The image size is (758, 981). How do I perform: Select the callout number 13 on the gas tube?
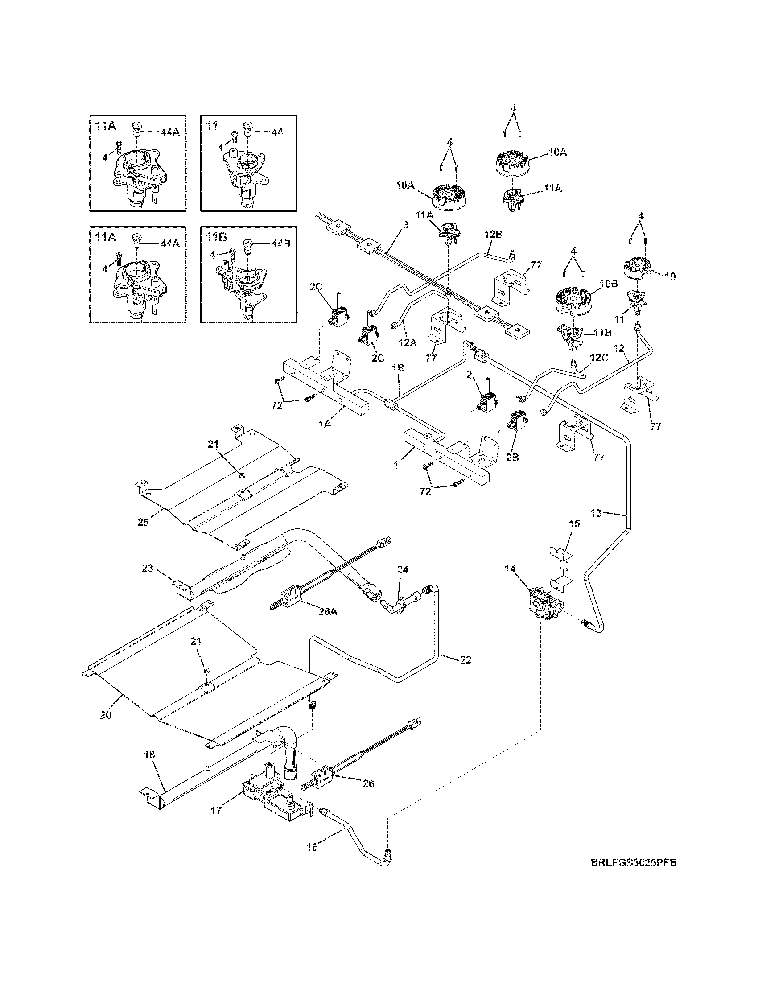pyautogui.click(x=595, y=513)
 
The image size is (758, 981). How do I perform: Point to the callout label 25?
pyautogui.click(x=143, y=523)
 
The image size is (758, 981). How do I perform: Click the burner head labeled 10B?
pyautogui.click(x=572, y=301)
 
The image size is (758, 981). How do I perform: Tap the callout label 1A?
pyautogui.click(x=325, y=423)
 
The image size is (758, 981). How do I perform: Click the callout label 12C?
pyautogui.click(x=598, y=358)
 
